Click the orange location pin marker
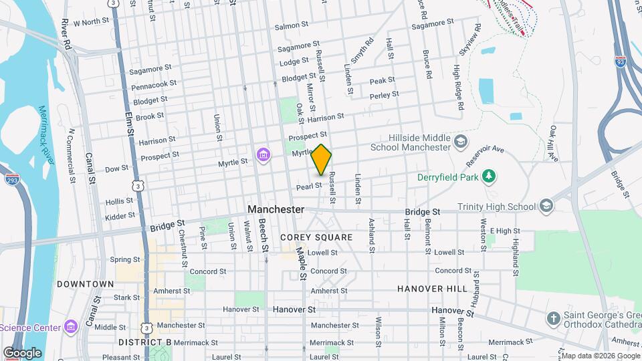coord(322,159)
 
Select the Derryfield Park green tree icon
coord(490,176)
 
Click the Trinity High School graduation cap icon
coord(546,206)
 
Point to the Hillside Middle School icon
coord(460,141)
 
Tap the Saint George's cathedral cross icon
coord(553,318)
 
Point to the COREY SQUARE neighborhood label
coord(316,237)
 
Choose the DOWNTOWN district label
coord(85,284)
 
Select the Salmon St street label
coord(291,26)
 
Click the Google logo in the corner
coord(22,352)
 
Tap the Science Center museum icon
coord(71,327)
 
